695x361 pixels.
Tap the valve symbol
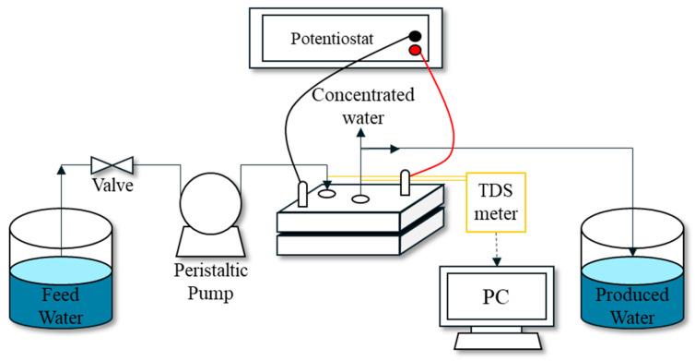pos(112,166)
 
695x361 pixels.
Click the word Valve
pos(112,185)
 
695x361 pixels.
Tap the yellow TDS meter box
pos(498,203)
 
